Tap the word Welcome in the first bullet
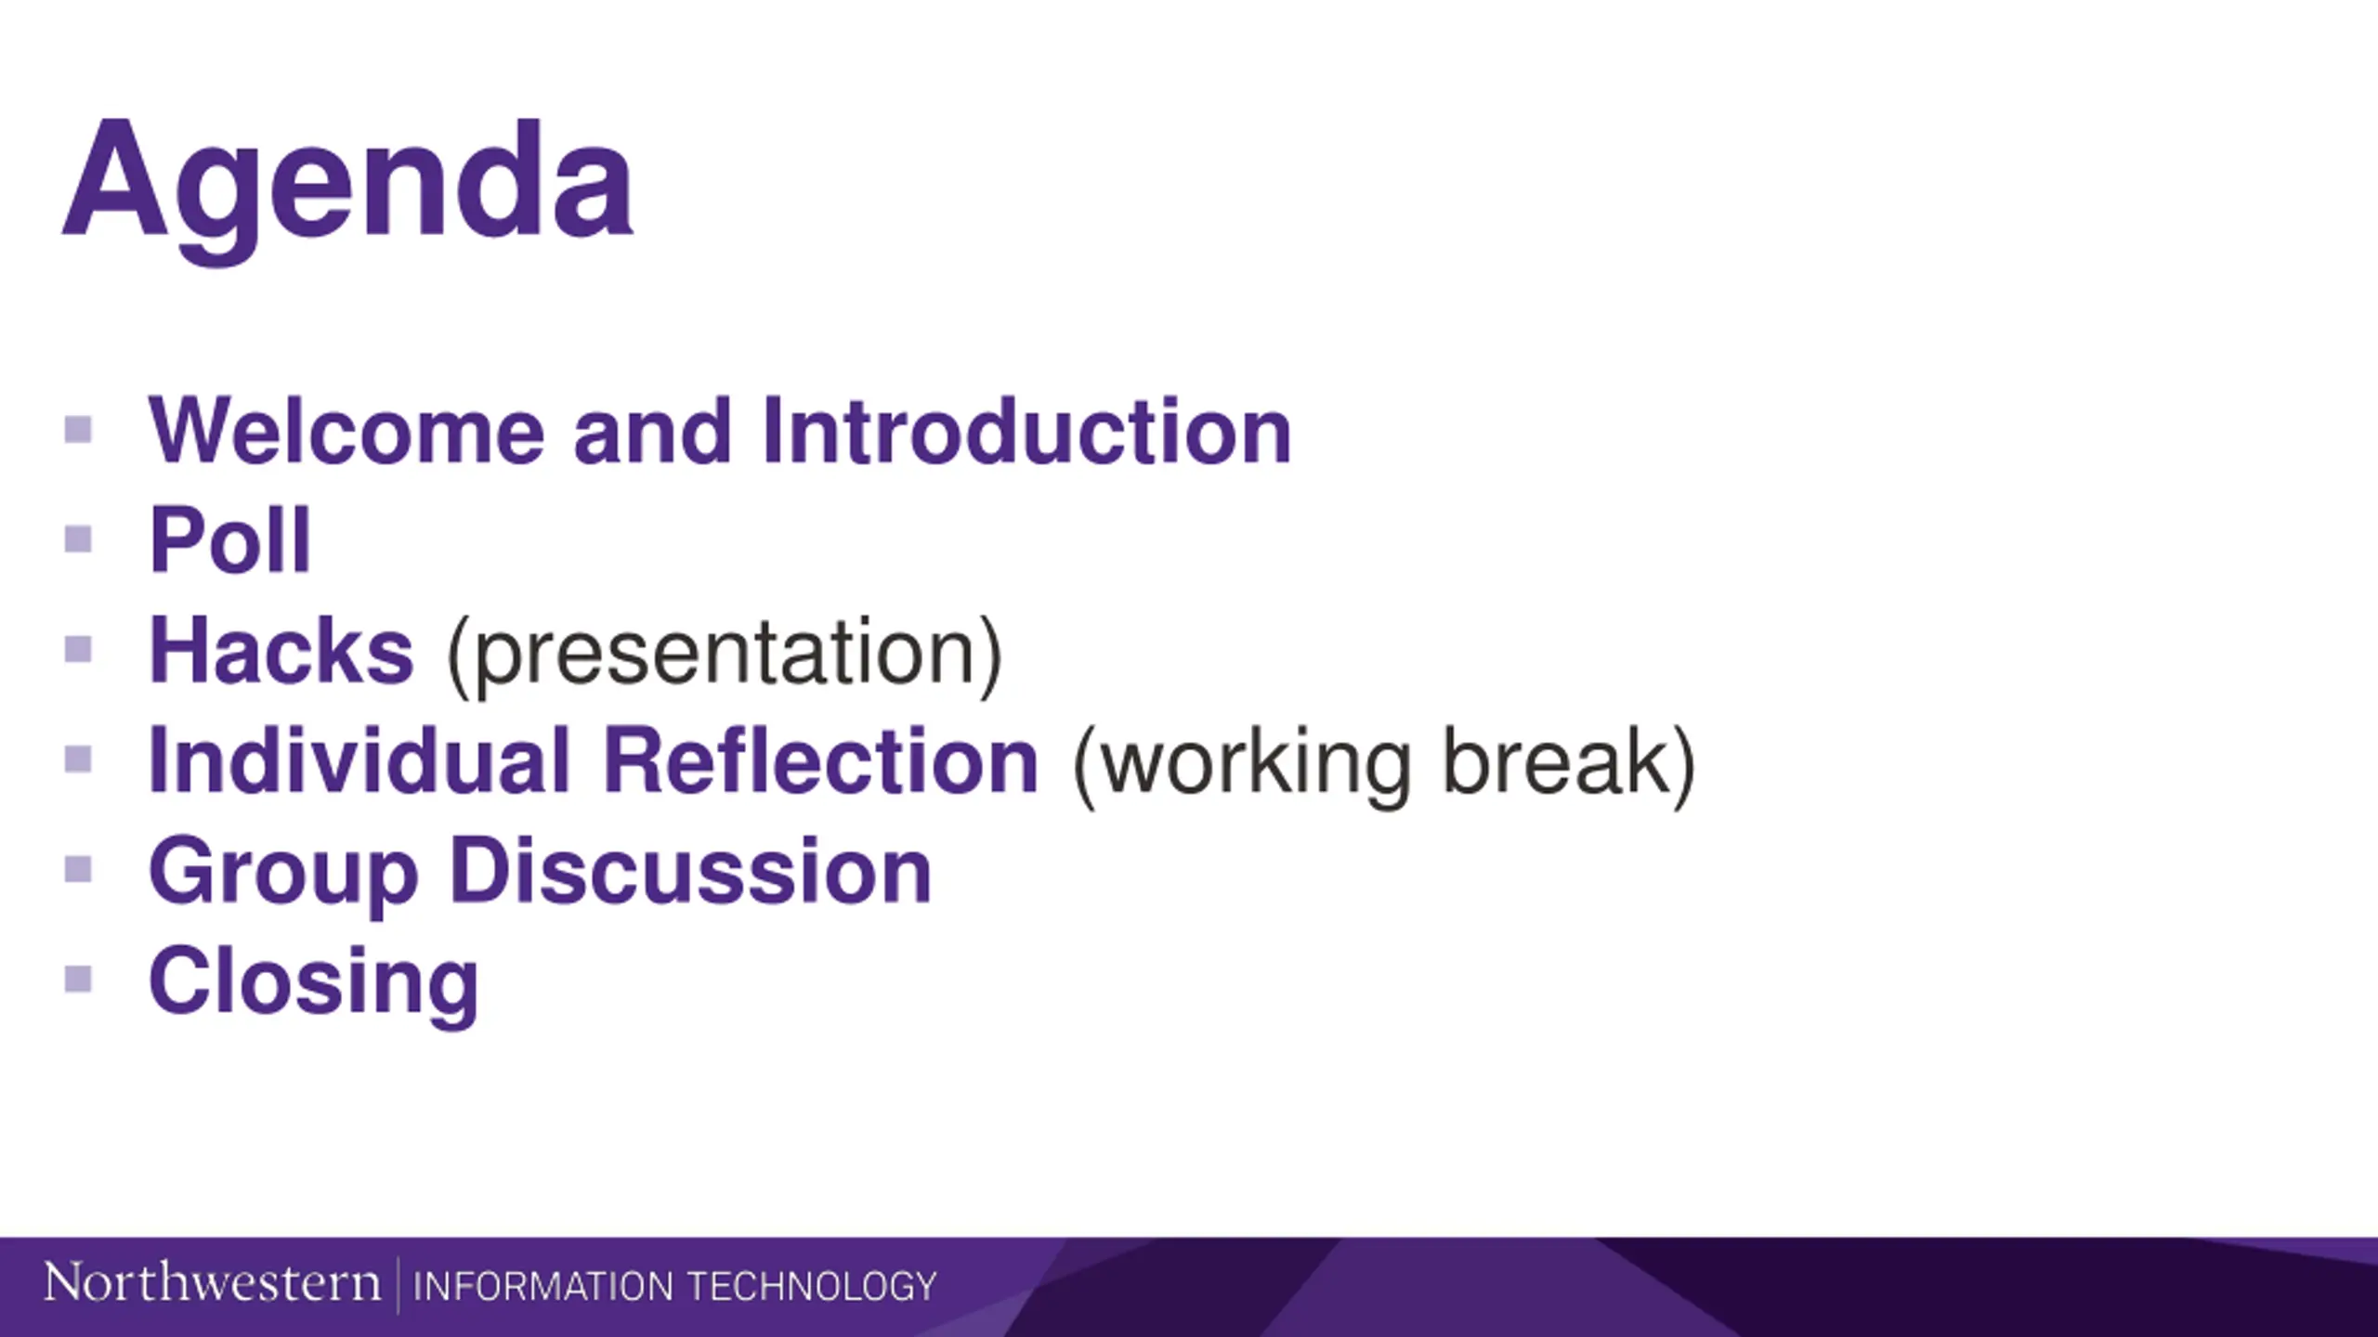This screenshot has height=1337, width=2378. tap(346, 430)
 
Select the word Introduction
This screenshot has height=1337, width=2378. tap(1026, 430)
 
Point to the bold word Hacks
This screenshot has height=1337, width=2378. tap(281, 650)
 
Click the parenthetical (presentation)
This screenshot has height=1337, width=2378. tap(725, 656)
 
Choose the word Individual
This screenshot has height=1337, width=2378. tap(359, 760)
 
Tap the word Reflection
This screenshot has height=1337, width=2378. tap(820, 760)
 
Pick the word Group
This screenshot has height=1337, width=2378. tap(283, 876)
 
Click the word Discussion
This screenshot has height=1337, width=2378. tap(690, 870)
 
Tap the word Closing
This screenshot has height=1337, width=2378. tap(314, 985)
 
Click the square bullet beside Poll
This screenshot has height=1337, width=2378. tap(78, 539)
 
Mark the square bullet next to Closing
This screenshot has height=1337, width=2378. tap(78, 979)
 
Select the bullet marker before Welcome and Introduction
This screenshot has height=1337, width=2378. tap(78, 429)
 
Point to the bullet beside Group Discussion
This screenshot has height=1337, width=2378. tap(78, 869)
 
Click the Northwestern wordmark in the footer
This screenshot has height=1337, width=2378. tap(212, 1283)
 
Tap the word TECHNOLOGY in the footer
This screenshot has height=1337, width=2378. tap(812, 1286)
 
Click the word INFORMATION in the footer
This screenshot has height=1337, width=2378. tap(543, 1286)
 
